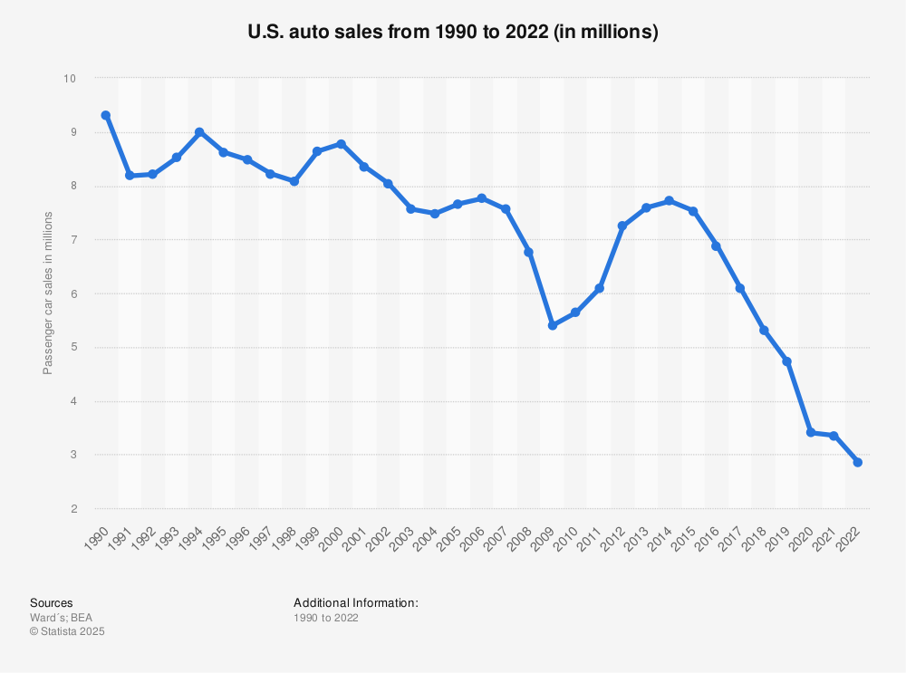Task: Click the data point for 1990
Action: pyautogui.click(x=106, y=115)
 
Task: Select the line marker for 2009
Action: pyautogui.click(x=552, y=325)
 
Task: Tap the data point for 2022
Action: pyautogui.click(x=857, y=463)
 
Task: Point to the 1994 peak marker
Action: pyautogui.click(x=199, y=132)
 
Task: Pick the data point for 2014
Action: pyautogui.click(x=670, y=200)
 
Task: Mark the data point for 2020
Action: pyautogui.click(x=810, y=433)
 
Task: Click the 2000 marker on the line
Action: pyautogui.click(x=341, y=144)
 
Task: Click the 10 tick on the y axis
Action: pyautogui.click(x=70, y=79)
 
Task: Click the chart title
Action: pyautogui.click(x=453, y=33)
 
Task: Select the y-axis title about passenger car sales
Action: pyautogui.click(x=48, y=293)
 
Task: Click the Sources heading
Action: pyautogui.click(x=52, y=603)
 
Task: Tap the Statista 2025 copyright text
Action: pyautogui.click(x=68, y=632)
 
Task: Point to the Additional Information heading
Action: pyautogui.click(x=356, y=603)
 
